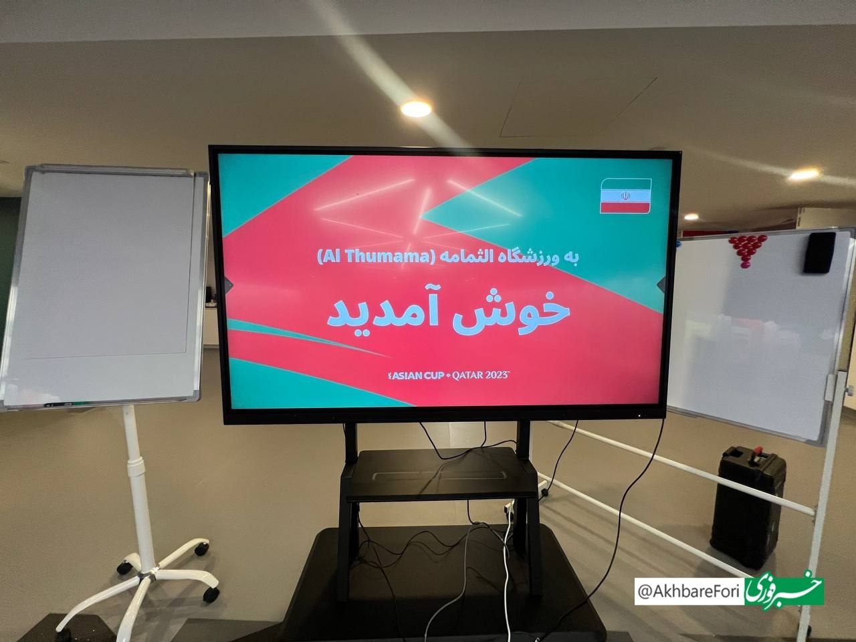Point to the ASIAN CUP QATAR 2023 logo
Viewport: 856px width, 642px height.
point(445,376)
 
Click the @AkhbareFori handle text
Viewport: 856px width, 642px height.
point(691,591)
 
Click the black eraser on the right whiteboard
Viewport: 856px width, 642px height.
point(820,252)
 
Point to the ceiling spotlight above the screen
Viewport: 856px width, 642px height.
point(415,108)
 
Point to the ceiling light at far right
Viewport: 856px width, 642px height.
point(806,174)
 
